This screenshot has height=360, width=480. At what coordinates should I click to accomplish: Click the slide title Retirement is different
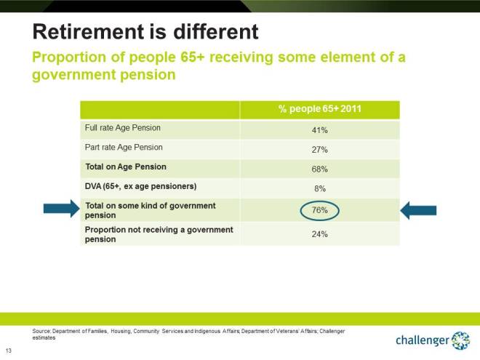point(145,31)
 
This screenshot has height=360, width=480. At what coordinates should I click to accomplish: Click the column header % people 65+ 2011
point(320,109)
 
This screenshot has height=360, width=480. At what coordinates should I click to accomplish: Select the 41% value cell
point(320,130)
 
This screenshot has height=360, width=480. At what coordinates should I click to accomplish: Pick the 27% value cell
point(320,150)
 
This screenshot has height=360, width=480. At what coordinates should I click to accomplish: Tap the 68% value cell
point(320,169)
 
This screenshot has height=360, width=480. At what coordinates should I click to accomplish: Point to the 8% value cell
point(320,188)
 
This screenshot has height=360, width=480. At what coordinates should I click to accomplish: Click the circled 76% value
point(320,210)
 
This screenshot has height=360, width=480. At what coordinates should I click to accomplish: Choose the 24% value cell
point(320,234)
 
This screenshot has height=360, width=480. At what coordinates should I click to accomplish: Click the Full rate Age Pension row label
point(122,129)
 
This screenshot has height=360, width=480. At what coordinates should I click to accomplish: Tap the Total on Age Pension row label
point(125,167)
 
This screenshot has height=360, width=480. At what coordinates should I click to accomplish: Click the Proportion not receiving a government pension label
point(159,234)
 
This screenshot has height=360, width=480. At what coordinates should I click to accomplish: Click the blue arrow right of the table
point(419,210)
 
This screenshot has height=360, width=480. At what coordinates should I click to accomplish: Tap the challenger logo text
point(422,340)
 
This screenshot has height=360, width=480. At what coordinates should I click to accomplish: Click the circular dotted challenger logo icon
point(461,340)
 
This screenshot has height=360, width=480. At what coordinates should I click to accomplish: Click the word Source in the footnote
point(41,331)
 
